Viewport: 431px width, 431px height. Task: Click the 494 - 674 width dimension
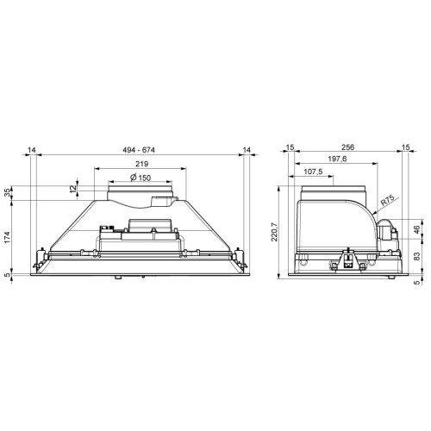(139, 150)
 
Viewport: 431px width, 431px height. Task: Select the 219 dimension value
(142, 164)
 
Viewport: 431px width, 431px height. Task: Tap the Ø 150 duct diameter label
(141, 178)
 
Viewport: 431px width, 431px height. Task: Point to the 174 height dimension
(7, 237)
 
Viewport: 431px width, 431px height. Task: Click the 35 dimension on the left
(7, 193)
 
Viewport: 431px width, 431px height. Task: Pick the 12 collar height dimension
(73, 189)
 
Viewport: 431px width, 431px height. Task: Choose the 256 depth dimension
(347, 147)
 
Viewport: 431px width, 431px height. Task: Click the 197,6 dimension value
(337, 159)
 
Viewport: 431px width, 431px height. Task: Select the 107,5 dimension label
(313, 172)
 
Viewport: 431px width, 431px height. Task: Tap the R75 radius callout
(387, 201)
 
